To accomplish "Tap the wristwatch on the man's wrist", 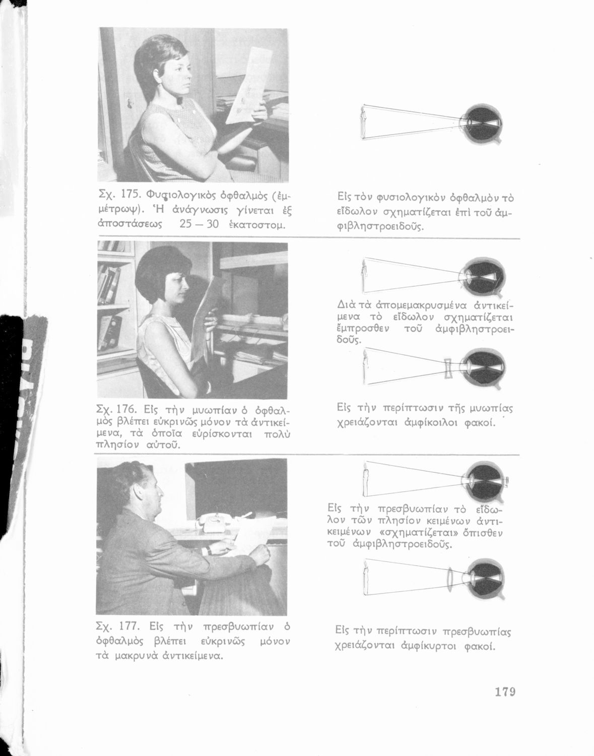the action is (x=208, y=551).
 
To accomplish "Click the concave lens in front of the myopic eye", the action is (x=448, y=369).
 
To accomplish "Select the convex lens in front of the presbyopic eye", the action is (x=450, y=579).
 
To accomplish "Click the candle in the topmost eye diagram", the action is (x=363, y=123).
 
